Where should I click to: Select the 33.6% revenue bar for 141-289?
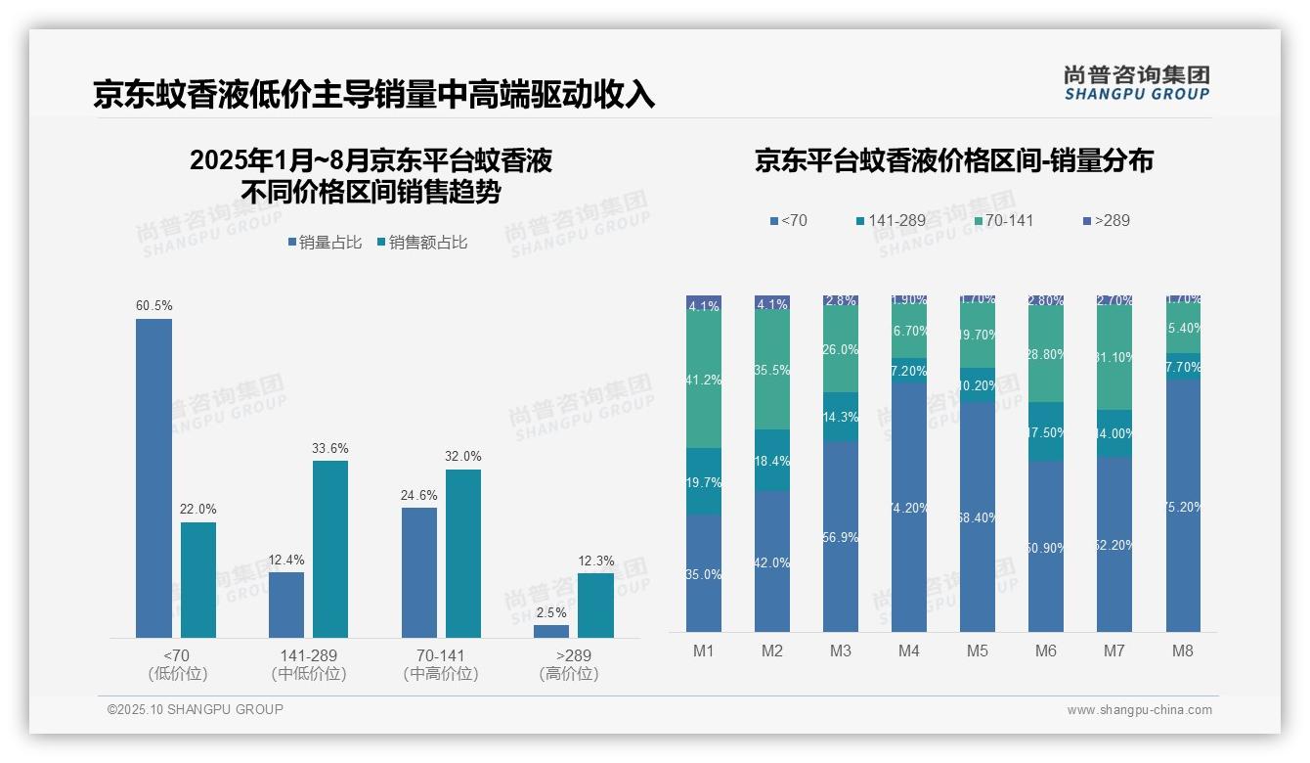coord(330,549)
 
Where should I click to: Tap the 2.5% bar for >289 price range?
coord(551,631)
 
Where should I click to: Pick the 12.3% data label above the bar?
coord(596,561)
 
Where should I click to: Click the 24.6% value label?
coord(419,495)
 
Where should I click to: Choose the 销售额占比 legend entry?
coord(421,243)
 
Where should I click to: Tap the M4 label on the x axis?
coord(909,651)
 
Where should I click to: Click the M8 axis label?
coord(1183,651)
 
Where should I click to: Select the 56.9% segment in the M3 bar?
coord(841,536)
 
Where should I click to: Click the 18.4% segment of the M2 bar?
coord(772,460)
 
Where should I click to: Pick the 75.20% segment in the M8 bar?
coord(1183,506)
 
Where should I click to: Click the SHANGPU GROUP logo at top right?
coord(1136,83)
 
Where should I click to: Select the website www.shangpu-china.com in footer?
coord(1139,710)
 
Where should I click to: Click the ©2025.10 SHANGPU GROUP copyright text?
coord(196,709)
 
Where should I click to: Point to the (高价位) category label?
coord(569,674)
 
